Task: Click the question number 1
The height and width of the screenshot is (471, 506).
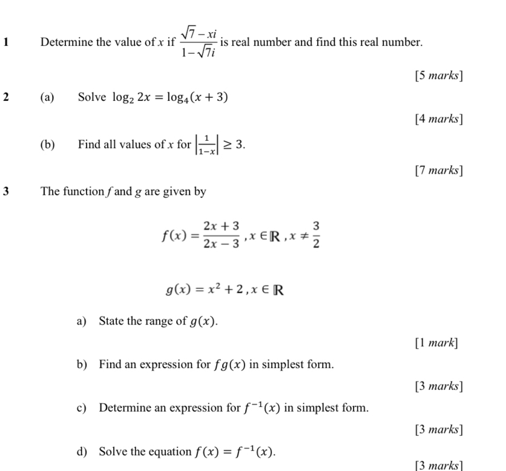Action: (5, 43)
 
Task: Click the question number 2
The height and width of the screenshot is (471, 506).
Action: (5, 97)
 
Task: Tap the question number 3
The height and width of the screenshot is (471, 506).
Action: (5, 192)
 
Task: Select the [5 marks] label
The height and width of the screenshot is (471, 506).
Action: (439, 76)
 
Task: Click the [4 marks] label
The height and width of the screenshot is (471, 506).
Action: (439, 119)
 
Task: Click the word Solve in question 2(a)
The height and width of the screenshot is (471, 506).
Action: (91, 97)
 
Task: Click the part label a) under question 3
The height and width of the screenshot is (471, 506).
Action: (82, 320)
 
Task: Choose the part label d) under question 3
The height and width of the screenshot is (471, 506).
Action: (82, 451)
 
